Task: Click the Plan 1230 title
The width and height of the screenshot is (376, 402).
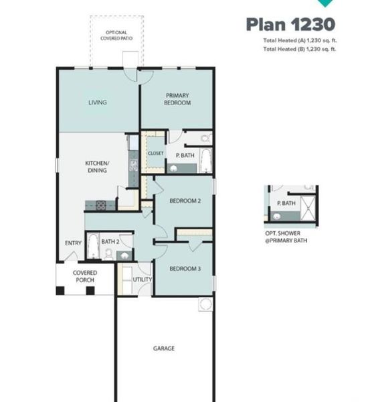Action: [x=290, y=25]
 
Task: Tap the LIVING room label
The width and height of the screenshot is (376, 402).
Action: [x=98, y=103]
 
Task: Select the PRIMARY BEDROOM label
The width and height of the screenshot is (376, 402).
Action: [x=177, y=99]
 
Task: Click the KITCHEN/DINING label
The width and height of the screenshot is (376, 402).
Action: [x=96, y=167]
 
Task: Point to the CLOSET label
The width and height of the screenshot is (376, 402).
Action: [x=155, y=153]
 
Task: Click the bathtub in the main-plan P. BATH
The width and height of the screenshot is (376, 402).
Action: [x=206, y=160]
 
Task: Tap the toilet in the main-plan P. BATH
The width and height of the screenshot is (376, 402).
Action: [x=206, y=138]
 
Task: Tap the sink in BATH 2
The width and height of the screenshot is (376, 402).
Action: [x=123, y=255]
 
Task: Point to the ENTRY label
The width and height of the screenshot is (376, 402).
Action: [x=73, y=243]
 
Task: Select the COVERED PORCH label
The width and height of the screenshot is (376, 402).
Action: [x=85, y=277]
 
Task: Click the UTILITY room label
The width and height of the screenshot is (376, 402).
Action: [x=143, y=279]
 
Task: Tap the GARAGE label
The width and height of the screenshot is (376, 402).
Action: [x=164, y=348]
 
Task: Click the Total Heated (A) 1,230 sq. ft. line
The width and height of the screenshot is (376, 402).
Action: [x=298, y=41]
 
